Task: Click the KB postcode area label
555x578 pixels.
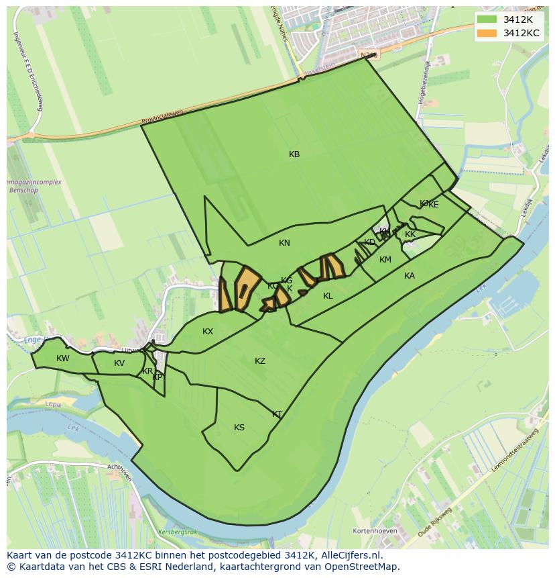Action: (294, 154)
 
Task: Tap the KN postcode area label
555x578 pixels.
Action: (285, 243)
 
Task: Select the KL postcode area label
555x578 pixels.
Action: (328, 296)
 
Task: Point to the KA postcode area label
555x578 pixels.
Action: (410, 276)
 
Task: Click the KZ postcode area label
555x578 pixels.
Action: (260, 361)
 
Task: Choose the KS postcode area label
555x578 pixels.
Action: (239, 428)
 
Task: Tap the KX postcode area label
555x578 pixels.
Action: (208, 332)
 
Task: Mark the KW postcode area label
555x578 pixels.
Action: (63, 358)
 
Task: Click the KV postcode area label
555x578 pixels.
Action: (119, 363)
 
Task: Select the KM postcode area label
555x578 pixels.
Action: (385, 260)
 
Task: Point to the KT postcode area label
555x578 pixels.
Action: (277, 414)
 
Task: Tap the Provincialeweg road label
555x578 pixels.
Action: (162, 118)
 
